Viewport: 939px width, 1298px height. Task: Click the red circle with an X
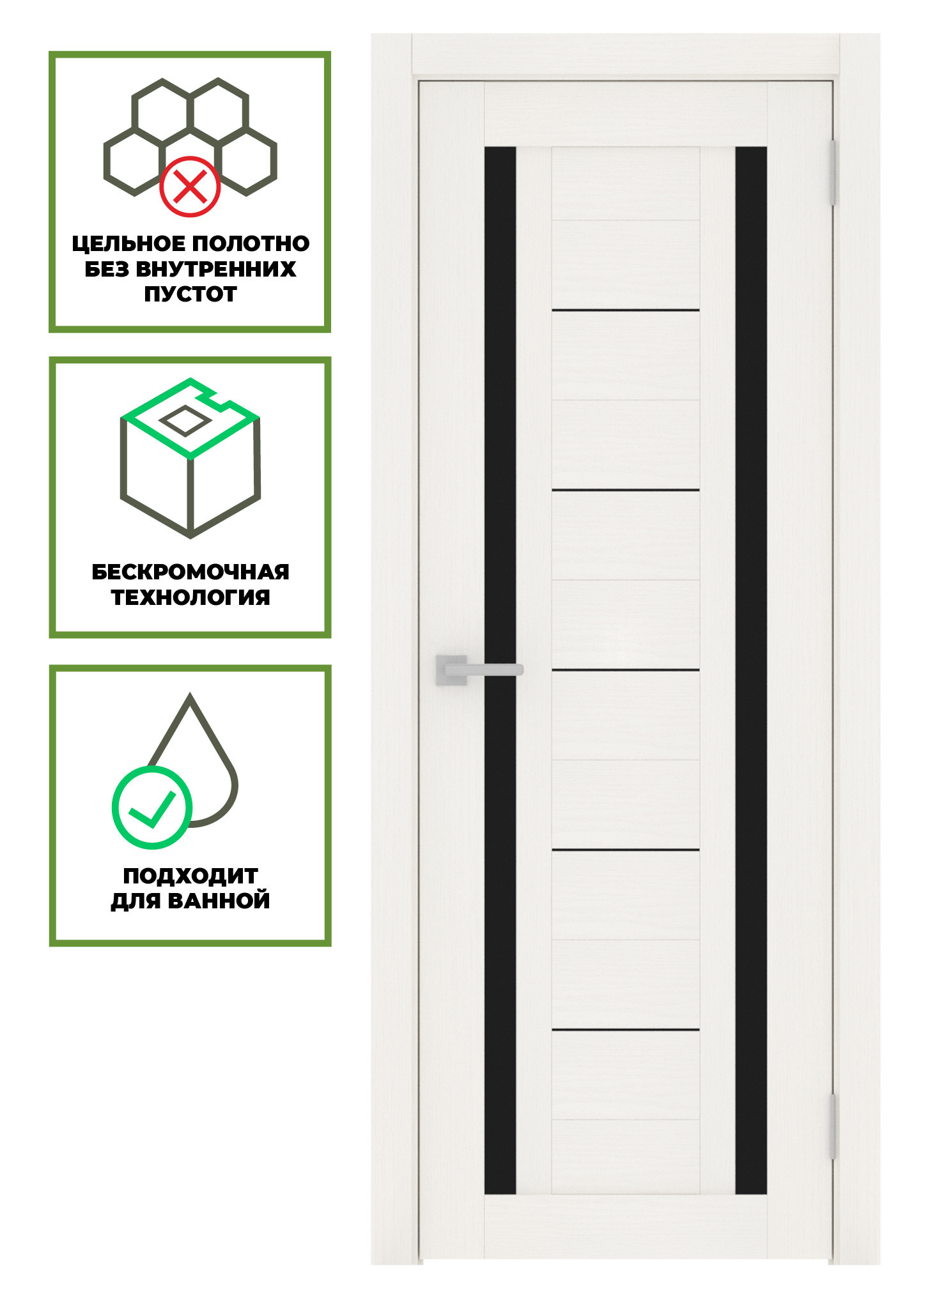pos(190,187)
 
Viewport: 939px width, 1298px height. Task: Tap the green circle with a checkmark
pos(152,807)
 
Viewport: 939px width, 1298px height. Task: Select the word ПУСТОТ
pos(190,294)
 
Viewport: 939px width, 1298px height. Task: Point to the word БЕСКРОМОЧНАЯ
pos(190,572)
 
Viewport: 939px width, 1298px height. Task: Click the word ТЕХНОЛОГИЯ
pos(190,597)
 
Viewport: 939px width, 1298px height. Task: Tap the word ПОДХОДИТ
pos(190,875)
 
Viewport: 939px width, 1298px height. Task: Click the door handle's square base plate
pos(451,670)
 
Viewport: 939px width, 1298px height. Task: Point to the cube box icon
pos(190,457)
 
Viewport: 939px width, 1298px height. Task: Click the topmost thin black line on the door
pos(626,310)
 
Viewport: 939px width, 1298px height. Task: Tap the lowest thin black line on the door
pos(626,1030)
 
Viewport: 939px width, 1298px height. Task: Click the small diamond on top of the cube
pos(184,421)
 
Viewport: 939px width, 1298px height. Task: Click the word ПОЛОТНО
pos(251,243)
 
